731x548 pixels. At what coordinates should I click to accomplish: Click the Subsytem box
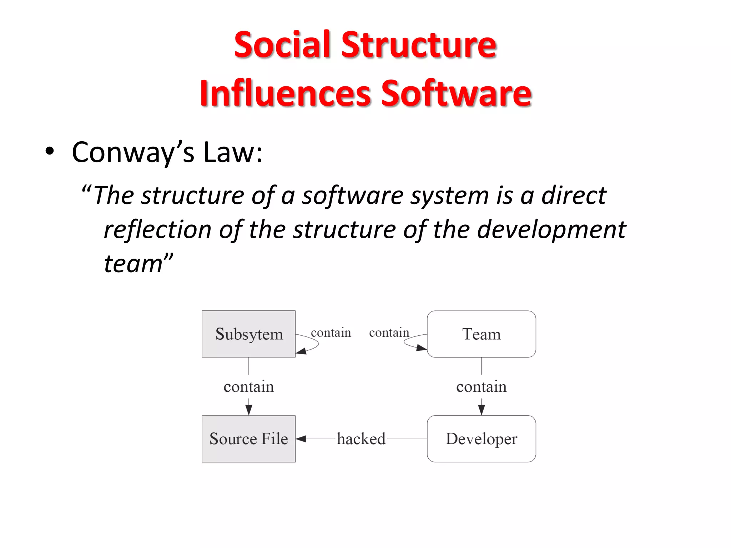pos(248,334)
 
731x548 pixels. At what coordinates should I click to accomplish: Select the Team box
pos(481,334)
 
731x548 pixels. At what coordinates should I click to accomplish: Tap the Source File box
pos(248,439)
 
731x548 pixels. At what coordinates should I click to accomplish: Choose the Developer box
pos(481,439)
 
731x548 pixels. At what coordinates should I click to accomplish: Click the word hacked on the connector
pos(361,439)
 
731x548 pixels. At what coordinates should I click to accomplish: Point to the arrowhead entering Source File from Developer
pos(301,439)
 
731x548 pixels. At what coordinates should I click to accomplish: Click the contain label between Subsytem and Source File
pos(248,387)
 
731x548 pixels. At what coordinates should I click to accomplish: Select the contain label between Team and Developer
pos(481,387)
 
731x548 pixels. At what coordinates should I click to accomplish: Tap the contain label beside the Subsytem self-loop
pos(331,333)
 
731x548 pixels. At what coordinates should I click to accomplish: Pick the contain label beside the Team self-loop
pos(389,333)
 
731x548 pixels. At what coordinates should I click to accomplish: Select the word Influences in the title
pos(286,93)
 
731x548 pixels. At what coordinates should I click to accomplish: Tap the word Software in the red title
pos(456,93)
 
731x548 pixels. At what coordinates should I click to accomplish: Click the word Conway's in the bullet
pos(133,152)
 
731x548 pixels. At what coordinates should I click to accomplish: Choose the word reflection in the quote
pos(157,229)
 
